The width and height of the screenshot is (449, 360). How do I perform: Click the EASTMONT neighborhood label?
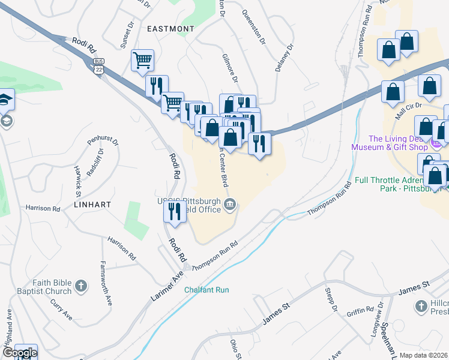[170, 28]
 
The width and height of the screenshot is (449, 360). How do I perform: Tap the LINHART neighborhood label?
[93, 205]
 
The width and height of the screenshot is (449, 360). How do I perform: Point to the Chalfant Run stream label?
[206, 290]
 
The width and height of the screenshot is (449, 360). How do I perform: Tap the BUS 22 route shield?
[99, 66]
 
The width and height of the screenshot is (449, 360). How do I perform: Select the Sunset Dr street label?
[127, 36]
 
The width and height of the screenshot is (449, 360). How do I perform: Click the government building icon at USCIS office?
[230, 206]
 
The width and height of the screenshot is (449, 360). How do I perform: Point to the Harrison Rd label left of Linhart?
[43, 209]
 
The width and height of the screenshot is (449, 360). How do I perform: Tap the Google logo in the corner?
[19, 353]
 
